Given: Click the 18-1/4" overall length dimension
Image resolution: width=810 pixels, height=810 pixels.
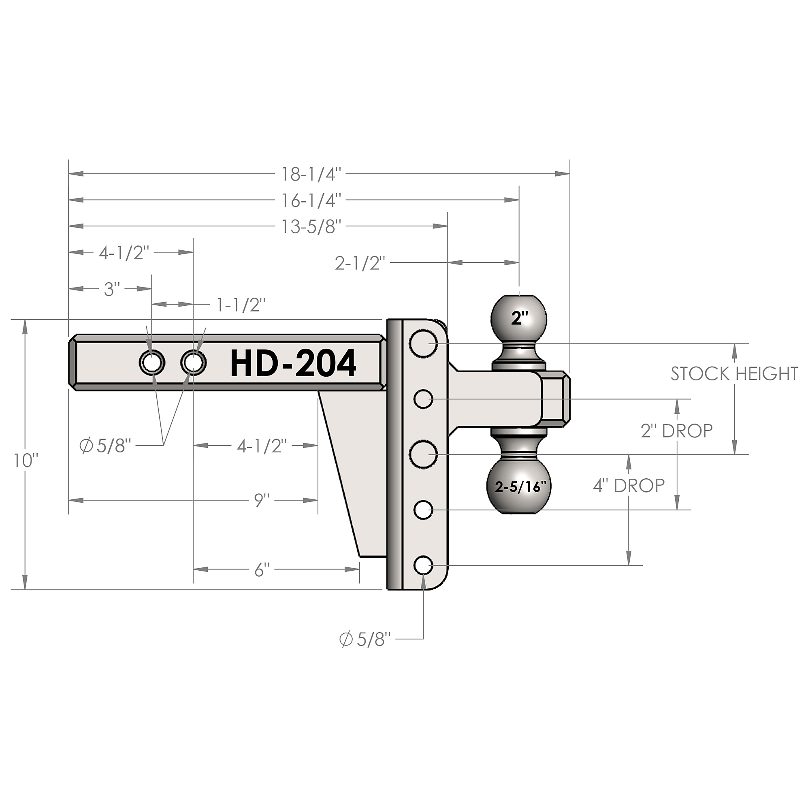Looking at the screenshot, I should pyautogui.click(x=311, y=175).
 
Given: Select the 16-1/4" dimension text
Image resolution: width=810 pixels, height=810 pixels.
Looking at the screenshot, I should pyautogui.click(x=311, y=201).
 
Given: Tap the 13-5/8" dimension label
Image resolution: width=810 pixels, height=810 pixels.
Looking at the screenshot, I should pyautogui.click(x=311, y=227).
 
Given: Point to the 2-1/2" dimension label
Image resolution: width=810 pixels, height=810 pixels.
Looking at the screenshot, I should pyautogui.click(x=360, y=263).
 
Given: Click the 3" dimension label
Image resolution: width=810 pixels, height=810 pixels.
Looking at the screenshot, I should pyautogui.click(x=112, y=289).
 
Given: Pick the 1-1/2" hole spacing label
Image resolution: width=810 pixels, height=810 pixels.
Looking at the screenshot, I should pyautogui.click(x=241, y=305).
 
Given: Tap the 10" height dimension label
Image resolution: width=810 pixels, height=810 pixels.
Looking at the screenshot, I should pyautogui.click(x=26, y=461).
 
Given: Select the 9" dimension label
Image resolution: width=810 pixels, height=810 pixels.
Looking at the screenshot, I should pyautogui.click(x=262, y=500).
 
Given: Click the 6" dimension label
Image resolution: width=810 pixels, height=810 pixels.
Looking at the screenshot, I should pyautogui.click(x=262, y=570).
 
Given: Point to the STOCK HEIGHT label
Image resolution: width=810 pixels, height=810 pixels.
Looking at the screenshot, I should pyautogui.click(x=734, y=373).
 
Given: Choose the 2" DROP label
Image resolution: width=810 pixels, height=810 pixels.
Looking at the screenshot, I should pyautogui.click(x=676, y=431).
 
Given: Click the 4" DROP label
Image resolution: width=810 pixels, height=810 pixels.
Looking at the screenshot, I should pyautogui.click(x=629, y=486).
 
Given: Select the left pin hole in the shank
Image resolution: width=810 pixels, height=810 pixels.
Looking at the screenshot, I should pyautogui.click(x=152, y=362).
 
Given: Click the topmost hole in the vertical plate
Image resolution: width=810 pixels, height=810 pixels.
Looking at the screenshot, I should pyautogui.click(x=424, y=343).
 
